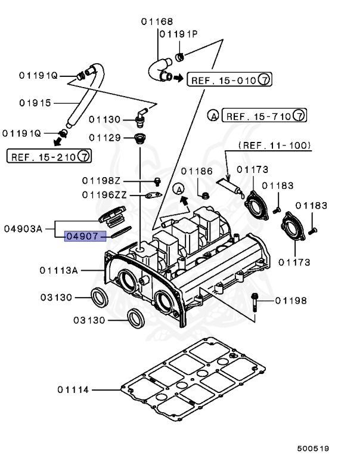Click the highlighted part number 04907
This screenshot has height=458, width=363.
(85, 236)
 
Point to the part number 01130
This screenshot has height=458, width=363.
(106, 120)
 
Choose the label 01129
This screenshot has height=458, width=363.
(106, 138)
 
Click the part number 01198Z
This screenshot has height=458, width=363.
(101, 180)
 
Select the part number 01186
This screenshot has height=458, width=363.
(197, 171)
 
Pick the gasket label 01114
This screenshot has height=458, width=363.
(73, 390)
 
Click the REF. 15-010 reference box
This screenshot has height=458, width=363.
(221, 78)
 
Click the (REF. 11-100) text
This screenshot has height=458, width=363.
(274, 145)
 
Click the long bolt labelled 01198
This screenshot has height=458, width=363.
(255, 301)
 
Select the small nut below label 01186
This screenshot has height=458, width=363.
(204, 194)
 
